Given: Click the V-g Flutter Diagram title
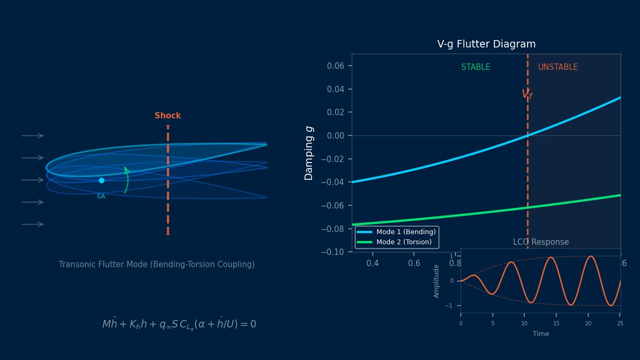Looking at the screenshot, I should (x=486, y=44).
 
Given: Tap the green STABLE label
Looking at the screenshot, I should (x=475, y=67).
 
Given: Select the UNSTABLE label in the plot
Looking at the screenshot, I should (x=557, y=67).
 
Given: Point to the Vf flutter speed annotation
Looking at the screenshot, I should (x=527, y=94).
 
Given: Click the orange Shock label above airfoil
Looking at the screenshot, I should (x=167, y=116).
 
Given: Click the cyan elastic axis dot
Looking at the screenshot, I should (x=101, y=180).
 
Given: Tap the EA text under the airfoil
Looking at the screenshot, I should (x=101, y=196).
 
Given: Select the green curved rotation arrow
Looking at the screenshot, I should (x=126, y=180).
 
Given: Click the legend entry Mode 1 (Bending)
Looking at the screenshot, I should (x=405, y=232).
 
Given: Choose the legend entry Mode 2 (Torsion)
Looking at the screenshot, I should (x=403, y=242).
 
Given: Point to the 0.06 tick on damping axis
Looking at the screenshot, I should (x=335, y=66).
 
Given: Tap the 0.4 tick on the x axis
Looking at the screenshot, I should (x=372, y=263).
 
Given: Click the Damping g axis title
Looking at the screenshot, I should (x=309, y=153).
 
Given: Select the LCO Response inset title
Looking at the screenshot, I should (x=541, y=242).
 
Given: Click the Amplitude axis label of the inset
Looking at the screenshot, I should (x=437, y=281).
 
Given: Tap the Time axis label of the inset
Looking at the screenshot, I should (x=540, y=334).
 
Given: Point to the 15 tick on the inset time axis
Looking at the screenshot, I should (x=556, y=323).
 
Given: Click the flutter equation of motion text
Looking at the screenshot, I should (x=179, y=324).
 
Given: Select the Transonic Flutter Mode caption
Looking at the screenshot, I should (x=157, y=265).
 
